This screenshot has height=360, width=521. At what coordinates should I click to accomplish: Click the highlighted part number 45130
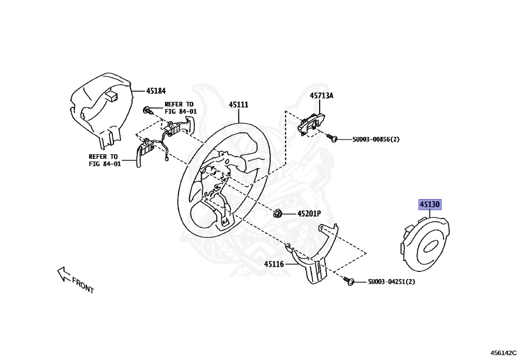(x=429, y=205)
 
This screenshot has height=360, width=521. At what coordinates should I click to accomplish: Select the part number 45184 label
(x=156, y=91)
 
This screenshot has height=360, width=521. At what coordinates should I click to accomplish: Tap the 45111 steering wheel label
(x=238, y=105)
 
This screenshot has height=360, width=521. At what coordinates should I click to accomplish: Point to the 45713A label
(x=322, y=96)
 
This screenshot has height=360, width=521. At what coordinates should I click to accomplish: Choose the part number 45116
(x=274, y=264)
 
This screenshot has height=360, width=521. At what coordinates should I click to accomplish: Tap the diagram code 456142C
(x=504, y=352)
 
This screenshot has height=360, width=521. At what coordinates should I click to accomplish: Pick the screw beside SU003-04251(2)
(x=349, y=281)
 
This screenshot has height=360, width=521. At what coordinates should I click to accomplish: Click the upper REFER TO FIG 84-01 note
(x=180, y=108)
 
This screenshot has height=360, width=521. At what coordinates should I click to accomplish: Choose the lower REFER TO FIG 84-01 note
(x=104, y=160)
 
